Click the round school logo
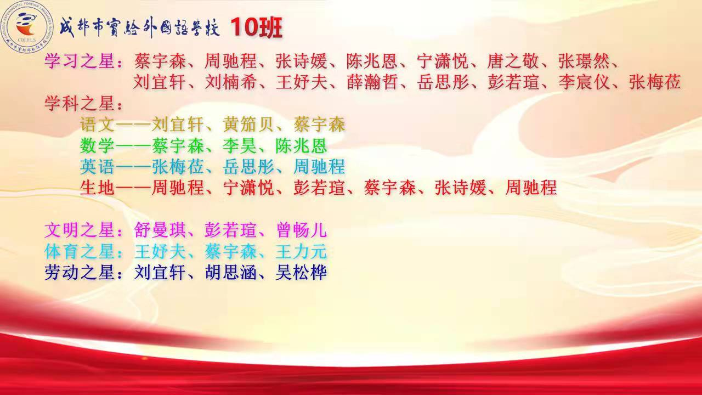pyautogui.click(x=27, y=27)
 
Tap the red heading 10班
pyautogui.click(x=256, y=27)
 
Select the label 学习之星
pyautogui.click(x=79, y=61)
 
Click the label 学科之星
pyautogui.click(x=79, y=103)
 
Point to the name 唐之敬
pyautogui.click(x=513, y=61)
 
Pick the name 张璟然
pyautogui.click(x=584, y=61)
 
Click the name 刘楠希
pyautogui.click(x=231, y=82)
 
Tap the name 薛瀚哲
pyautogui.click(x=372, y=82)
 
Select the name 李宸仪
pyautogui.click(x=584, y=82)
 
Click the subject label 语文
pyautogui.click(x=97, y=125)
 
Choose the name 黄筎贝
pyautogui.click(x=248, y=125)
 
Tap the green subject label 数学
pyautogui.click(x=97, y=146)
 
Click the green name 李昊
pyautogui.click(x=240, y=146)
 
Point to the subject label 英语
pyautogui.click(x=97, y=166)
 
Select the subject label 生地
pyautogui.click(x=97, y=188)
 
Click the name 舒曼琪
pyautogui.click(x=160, y=230)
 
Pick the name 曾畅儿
pyautogui.click(x=302, y=230)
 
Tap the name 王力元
pyautogui.click(x=302, y=251)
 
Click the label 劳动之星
pyautogui.click(x=79, y=272)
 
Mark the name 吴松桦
pyautogui.click(x=302, y=272)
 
